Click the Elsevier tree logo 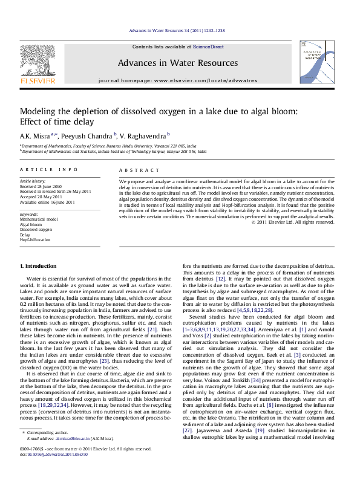pos(38,62)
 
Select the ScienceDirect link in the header pos(208,47)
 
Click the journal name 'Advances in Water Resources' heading pos(177,63)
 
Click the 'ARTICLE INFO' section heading pos(49,170)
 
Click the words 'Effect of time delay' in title pos(56,120)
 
